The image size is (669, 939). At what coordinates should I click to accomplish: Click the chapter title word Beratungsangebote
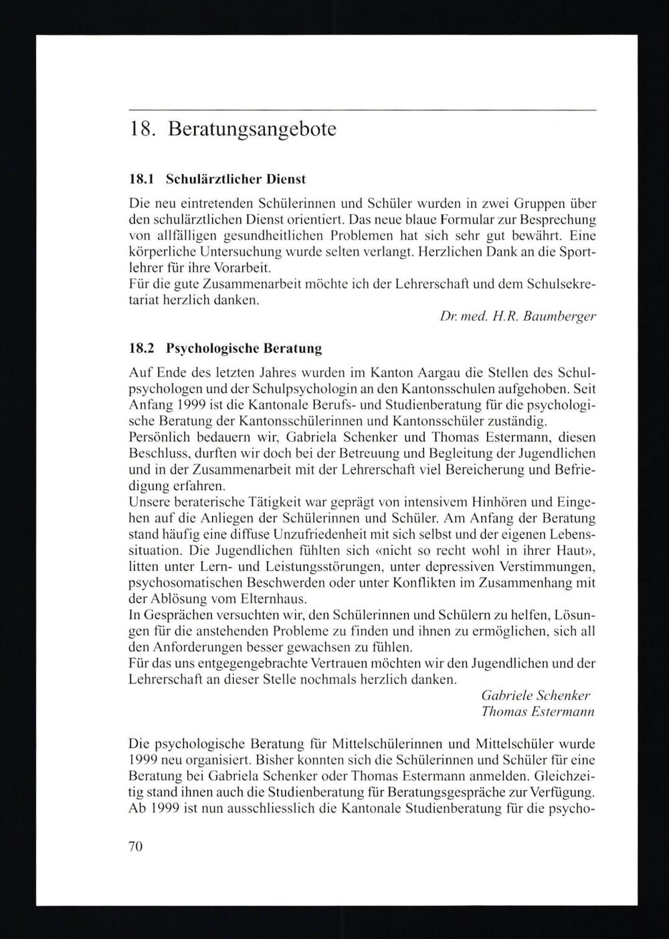[252, 129]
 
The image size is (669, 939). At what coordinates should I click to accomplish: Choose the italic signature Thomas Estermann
[538, 711]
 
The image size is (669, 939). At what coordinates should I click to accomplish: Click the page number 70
[135, 846]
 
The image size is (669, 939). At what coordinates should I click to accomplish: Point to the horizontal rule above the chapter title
[361, 109]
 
